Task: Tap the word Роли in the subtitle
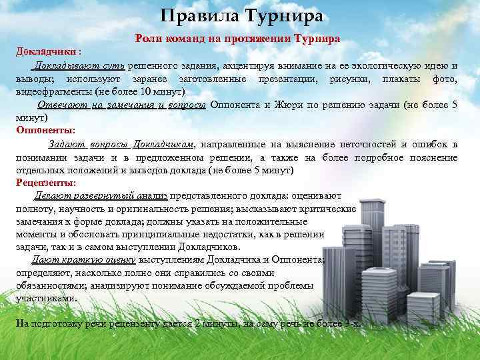(147, 39)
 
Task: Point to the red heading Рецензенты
(46, 182)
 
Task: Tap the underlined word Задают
(65, 143)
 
